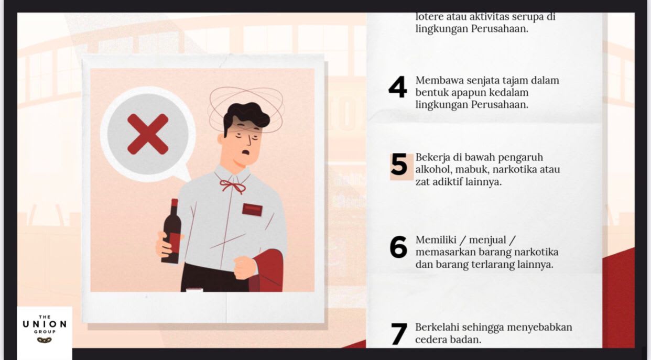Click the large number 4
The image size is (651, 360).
pyautogui.click(x=398, y=87)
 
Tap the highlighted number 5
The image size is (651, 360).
pyautogui.click(x=399, y=166)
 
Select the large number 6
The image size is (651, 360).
pyautogui.click(x=398, y=247)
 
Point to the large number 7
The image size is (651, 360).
pyautogui.click(x=399, y=334)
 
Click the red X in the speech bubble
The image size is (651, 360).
pyautogui.click(x=148, y=134)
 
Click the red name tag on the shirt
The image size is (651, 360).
pyautogui.click(x=252, y=210)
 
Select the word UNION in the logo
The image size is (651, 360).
pyautogui.click(x=45, y=324)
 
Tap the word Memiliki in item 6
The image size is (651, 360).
pyautogui.click(x=435, y=240)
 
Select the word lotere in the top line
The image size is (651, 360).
pyautogui.click(x=429, y=17)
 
